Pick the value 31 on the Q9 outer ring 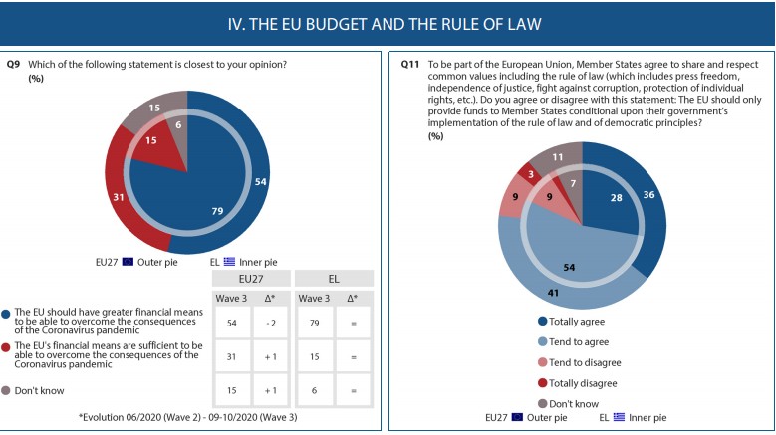point(118,198)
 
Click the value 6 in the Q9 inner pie point(177,125)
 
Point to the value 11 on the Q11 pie point(558,157)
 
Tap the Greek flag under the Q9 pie point(228,262)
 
